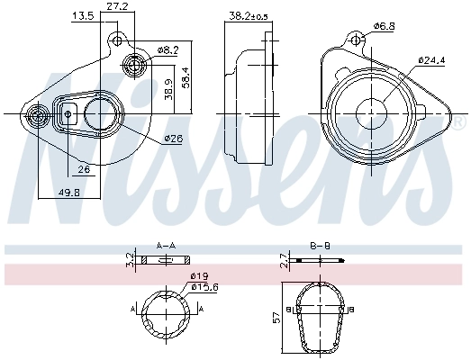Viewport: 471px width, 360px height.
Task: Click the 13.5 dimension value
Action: (x=83, y=15)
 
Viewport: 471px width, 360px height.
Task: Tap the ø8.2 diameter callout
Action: (x=168, y=49)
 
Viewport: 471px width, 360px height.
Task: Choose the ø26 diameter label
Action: (x=174, y=139)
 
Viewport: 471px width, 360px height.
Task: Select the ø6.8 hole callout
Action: (x=385, y=26)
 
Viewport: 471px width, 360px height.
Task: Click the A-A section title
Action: (x=166, y=245)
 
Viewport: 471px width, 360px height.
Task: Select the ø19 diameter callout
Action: (x=199, y=277)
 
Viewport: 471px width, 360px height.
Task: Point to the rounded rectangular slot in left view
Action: (x=68, y=114)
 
